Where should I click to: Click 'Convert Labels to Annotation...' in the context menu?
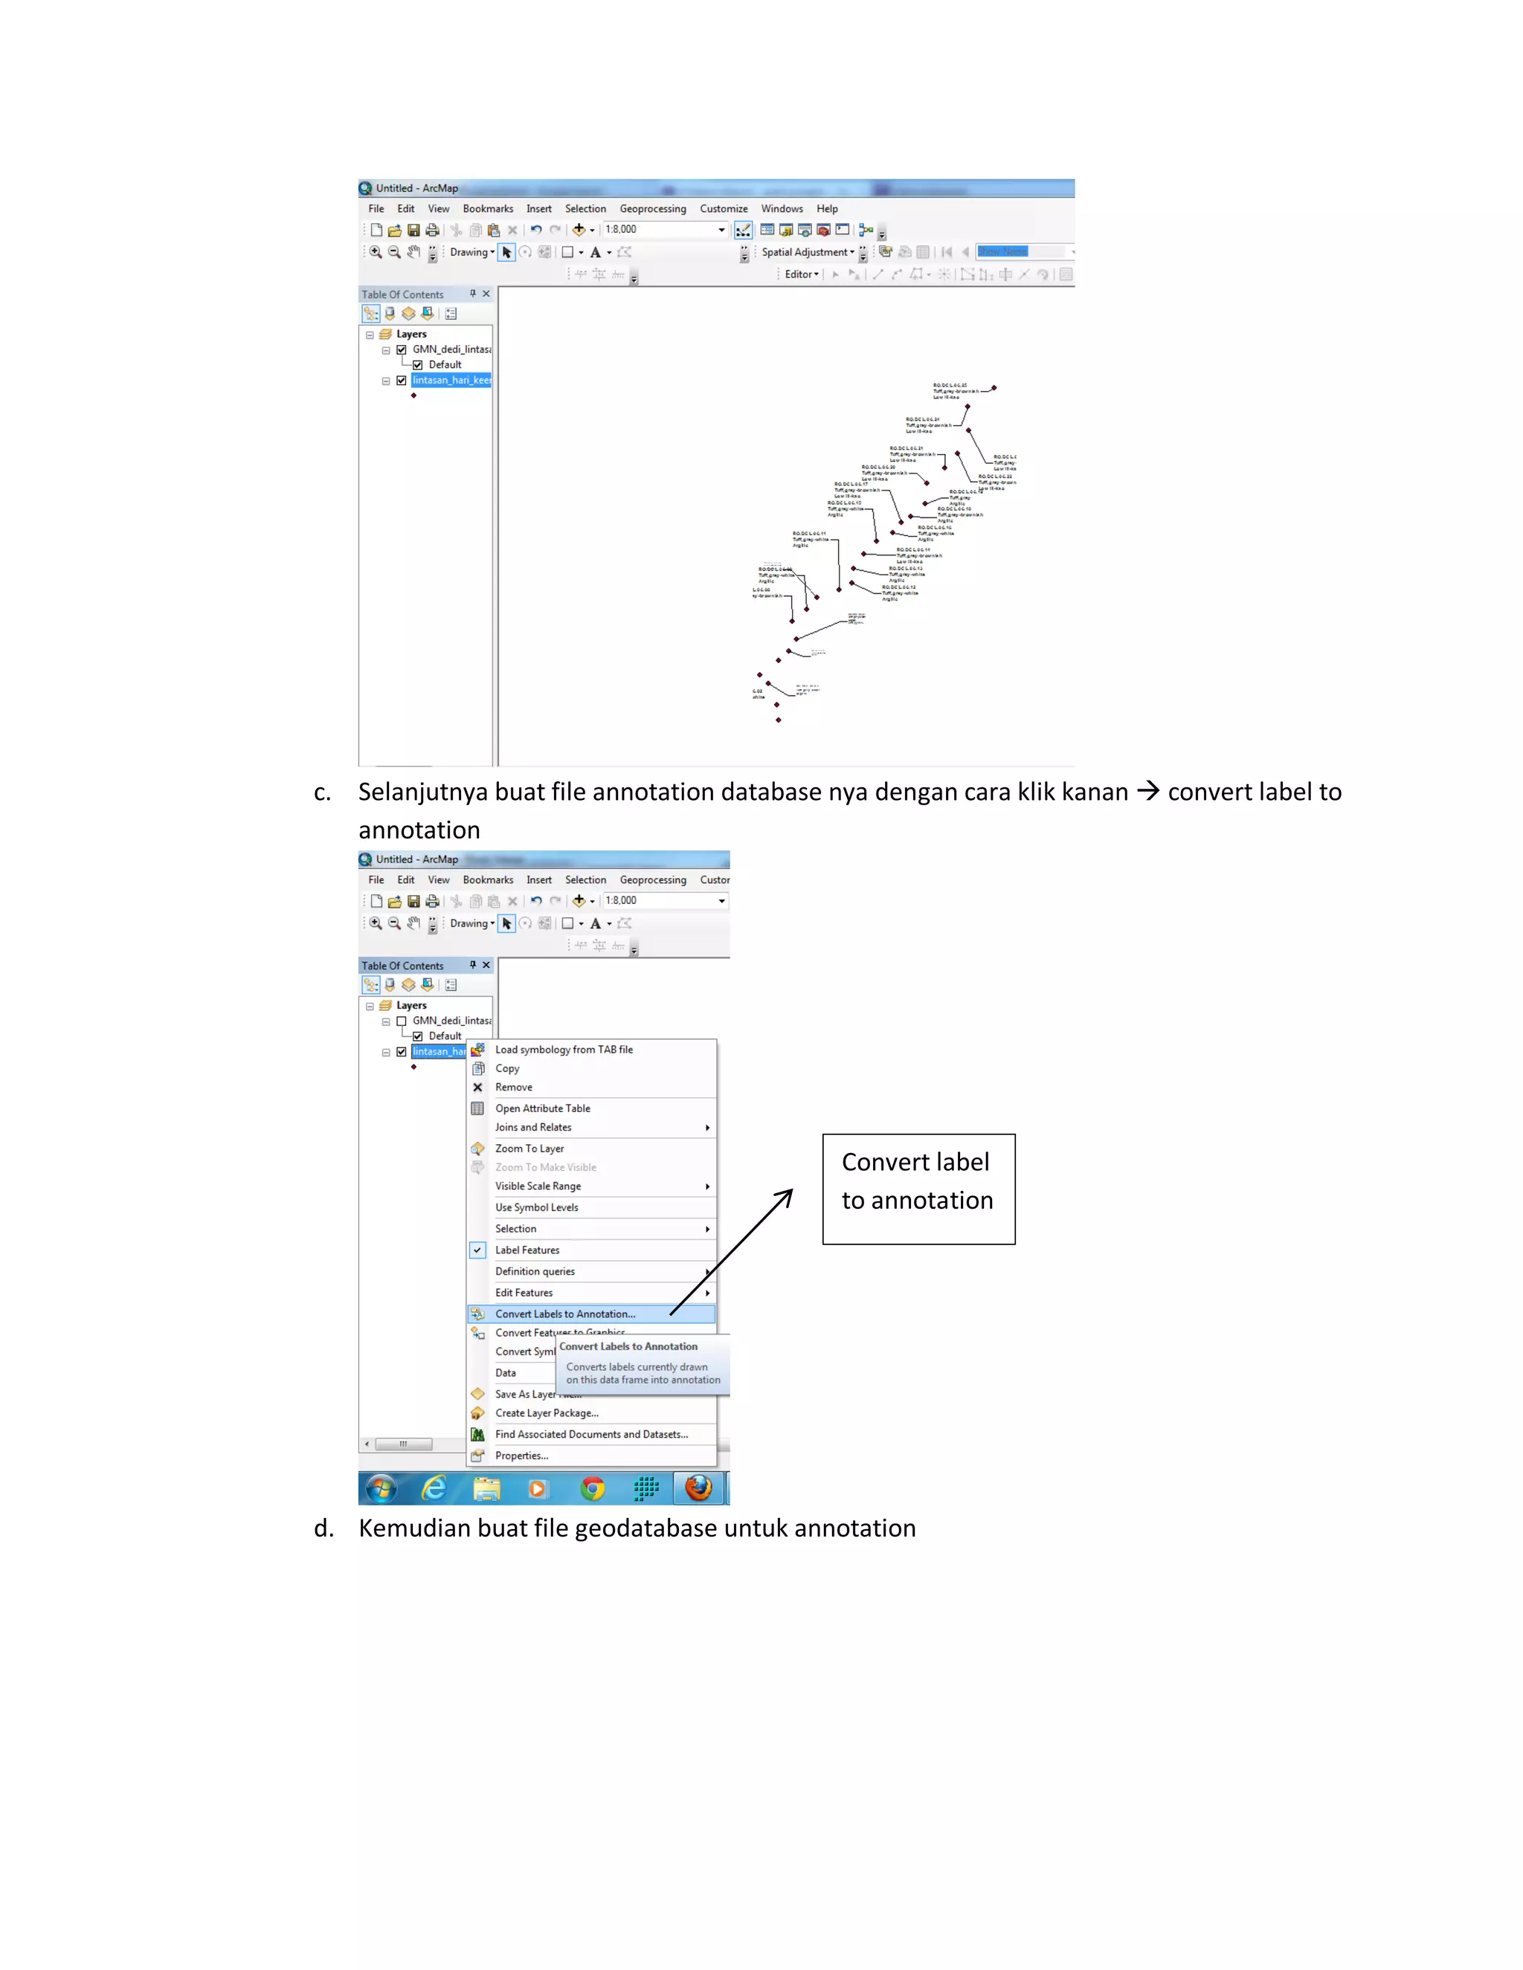point(565,1314)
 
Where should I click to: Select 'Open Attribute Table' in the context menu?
point(542,1108)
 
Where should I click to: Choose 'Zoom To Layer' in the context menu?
point(529,1149)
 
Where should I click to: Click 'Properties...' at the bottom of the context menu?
point(521,1455)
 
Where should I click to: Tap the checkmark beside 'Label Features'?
point(477,1250)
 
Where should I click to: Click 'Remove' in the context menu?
point(513,1087)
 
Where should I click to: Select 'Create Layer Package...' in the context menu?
point(546,1412)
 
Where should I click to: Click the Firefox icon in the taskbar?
point(698,1488)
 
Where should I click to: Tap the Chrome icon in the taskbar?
point(592,1488)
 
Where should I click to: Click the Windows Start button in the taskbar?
point(381,1488)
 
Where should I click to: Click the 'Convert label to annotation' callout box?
point(918,1188)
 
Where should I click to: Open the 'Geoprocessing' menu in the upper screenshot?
point(652,208)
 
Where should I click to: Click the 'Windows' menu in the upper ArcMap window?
point(782,208)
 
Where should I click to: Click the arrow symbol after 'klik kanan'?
point(1147,791)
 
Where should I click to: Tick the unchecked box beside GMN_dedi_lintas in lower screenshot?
point(402,1021)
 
